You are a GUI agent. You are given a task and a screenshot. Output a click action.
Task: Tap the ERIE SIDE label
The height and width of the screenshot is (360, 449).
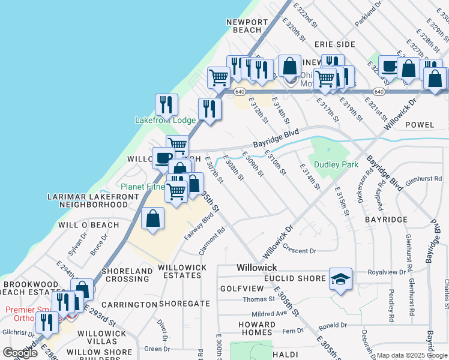point(335,45)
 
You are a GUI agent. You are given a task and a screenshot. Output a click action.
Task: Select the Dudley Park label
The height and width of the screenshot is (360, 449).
point(337,164)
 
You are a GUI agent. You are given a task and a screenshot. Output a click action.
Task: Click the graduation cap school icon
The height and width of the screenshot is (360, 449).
point(341,279)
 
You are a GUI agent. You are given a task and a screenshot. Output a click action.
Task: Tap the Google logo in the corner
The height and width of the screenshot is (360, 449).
point(20,353)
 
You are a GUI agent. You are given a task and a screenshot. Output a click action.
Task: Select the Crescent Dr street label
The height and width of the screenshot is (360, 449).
point(300,251)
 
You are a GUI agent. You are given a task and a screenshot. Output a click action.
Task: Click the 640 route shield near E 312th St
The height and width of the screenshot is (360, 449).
point(240,92)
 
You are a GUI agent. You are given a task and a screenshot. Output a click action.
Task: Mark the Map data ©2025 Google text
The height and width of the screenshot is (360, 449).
point(412,355)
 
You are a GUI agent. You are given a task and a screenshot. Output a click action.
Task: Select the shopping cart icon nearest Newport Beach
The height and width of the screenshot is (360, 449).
point(218,77)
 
